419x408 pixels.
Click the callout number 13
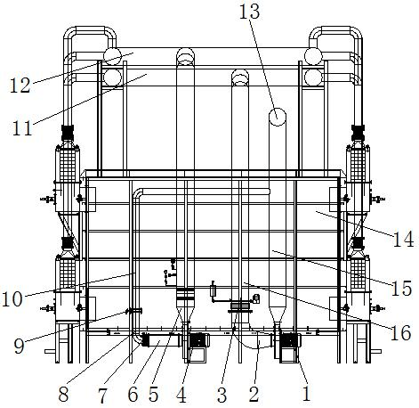[x=249, y=12]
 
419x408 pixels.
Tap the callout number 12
[x=20, y=85]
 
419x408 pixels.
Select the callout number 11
[x=22, y=128]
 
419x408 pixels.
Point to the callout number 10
[x=12, y=298]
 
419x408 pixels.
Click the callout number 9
[x=20, y=346]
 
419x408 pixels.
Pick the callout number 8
[x=63, y=395]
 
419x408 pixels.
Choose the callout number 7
[x=102, y=396]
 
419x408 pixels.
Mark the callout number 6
[x=133, y=395]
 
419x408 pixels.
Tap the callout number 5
[x=153, y=395]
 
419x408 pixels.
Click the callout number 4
[x=181, y=396]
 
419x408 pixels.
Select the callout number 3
[x=222, y=396]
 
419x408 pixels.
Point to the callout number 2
[x=254, y=395]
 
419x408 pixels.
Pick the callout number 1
[x=306, y=394]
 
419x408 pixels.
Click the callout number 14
[x=403, y=240]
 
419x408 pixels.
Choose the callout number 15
[x=401, y=288]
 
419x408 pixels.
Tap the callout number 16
[x=401, y=332]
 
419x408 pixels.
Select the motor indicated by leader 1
[x=289, y=340]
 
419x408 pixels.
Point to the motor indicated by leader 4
[x=198, y=340]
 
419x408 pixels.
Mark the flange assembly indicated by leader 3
[x=240, y=306]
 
